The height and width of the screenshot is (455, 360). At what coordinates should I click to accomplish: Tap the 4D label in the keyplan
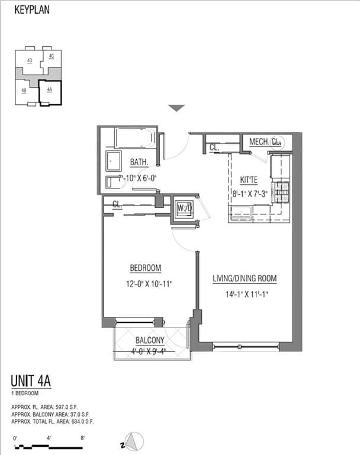[30, 60]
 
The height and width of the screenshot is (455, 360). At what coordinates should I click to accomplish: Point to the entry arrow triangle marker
[176, 108]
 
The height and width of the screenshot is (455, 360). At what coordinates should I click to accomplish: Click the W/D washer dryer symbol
[184, 209]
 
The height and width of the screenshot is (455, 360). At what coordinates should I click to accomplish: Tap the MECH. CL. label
[265, 142]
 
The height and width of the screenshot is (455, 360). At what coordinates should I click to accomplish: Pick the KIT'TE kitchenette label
[249, 178]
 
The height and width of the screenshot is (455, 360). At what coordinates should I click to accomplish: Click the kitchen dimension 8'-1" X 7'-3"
[249, 193]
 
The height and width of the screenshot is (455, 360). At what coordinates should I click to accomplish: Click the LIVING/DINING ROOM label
[245, 278]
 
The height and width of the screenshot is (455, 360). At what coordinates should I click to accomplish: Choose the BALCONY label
[149, 340]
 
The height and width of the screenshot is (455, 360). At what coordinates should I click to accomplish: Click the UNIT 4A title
[31, 381]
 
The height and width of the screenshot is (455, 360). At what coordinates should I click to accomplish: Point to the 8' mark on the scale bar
[83, 438]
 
